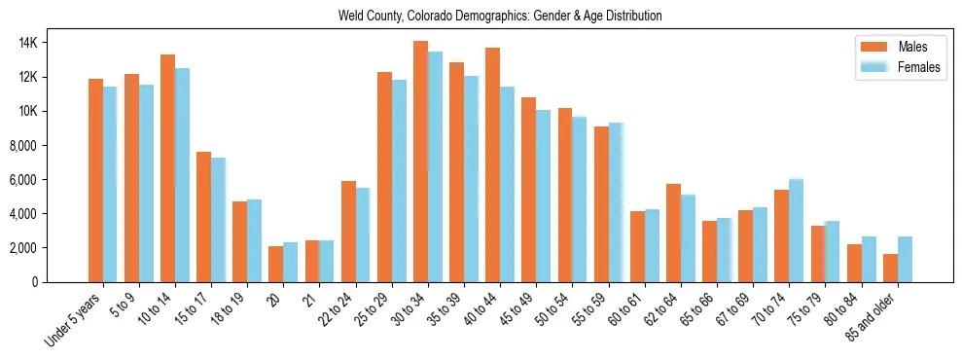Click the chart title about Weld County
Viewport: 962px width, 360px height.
click(500, 17)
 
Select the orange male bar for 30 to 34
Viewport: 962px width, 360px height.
click(420, 162)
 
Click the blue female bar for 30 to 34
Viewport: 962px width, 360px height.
click(435, 166)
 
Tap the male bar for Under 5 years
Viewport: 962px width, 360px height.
click(95, 180)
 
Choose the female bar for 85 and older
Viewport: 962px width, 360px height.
click(905, 259)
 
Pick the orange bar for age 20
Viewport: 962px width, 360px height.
click(276, 264)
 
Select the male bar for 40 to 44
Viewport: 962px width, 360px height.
click(492, 164)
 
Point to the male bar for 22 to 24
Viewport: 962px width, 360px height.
click(348, 232)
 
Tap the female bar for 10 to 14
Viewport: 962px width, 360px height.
click(182, 175)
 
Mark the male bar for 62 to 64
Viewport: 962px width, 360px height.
click(673, 233)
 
